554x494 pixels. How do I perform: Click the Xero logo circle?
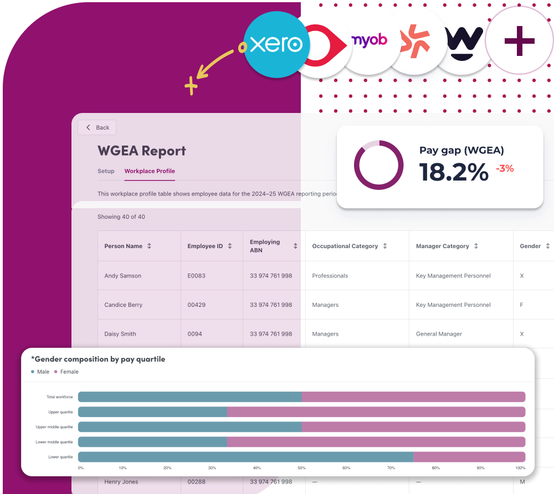click(275, 44)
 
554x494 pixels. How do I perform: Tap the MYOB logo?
click(370, 40)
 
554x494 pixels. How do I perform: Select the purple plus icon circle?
click(519, 41)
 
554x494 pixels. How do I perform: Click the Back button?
click(98, 127)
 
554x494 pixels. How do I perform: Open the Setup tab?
click(106, 171)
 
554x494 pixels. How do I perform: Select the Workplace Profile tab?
click(150, 171)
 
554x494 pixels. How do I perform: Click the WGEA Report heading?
click(142, 151)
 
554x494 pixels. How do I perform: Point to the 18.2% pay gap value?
click(454, 172)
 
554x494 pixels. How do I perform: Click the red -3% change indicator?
click(505, 168)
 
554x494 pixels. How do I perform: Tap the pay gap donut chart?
click(379, 166)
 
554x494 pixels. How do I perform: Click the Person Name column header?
click(124, 246)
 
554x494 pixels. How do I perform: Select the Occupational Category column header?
click(345, 246)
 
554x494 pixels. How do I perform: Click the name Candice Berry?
click(124, 305)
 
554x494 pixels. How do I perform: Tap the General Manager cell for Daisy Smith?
click(439, 334)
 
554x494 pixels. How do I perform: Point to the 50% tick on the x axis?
click(301, 468)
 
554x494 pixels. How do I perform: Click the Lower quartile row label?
click(60, 457)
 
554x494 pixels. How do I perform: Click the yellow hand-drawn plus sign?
click(191, 86)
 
